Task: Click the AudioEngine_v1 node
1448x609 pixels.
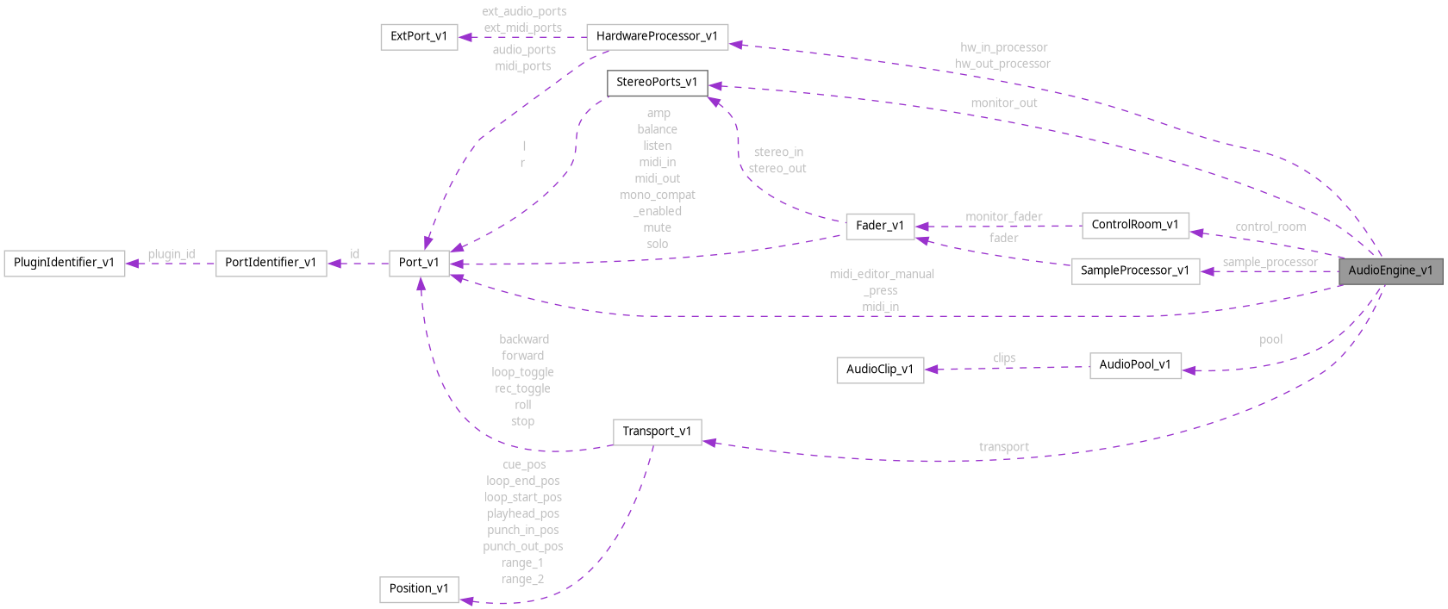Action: [x=1389, y=270]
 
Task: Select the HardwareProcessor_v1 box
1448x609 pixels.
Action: [x=657, y=36]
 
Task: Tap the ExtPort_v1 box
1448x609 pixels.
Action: [x=418, y=36]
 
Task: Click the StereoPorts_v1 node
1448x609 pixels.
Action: [x=657, y=83]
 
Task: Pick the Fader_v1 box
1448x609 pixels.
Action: [x=879, y=226]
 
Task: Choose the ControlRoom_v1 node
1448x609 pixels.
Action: [x=1134, y=225]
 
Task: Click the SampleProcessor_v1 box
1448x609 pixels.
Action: [x=1134, y=270]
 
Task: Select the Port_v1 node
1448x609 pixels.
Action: [x=419, y=263]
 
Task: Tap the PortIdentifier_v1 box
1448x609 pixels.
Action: [x=271, y=263]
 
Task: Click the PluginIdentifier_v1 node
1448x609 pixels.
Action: [x=64, y=263]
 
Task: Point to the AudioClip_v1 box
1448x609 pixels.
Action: [x=879, y=370]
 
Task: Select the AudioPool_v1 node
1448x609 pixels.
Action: [x=1134, y=364]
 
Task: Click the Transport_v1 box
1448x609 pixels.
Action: [x=657, y=432]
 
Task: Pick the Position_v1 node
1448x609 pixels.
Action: [x=419, y=589]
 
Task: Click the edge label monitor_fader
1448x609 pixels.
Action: [x=1003, y=217]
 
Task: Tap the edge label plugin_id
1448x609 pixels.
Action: [x=171, y=254]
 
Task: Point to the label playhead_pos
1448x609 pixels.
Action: [x=523, y=513]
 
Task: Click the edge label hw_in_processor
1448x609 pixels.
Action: [x=1003, y=47]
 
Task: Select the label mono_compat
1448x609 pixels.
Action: [x=657, y=195]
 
